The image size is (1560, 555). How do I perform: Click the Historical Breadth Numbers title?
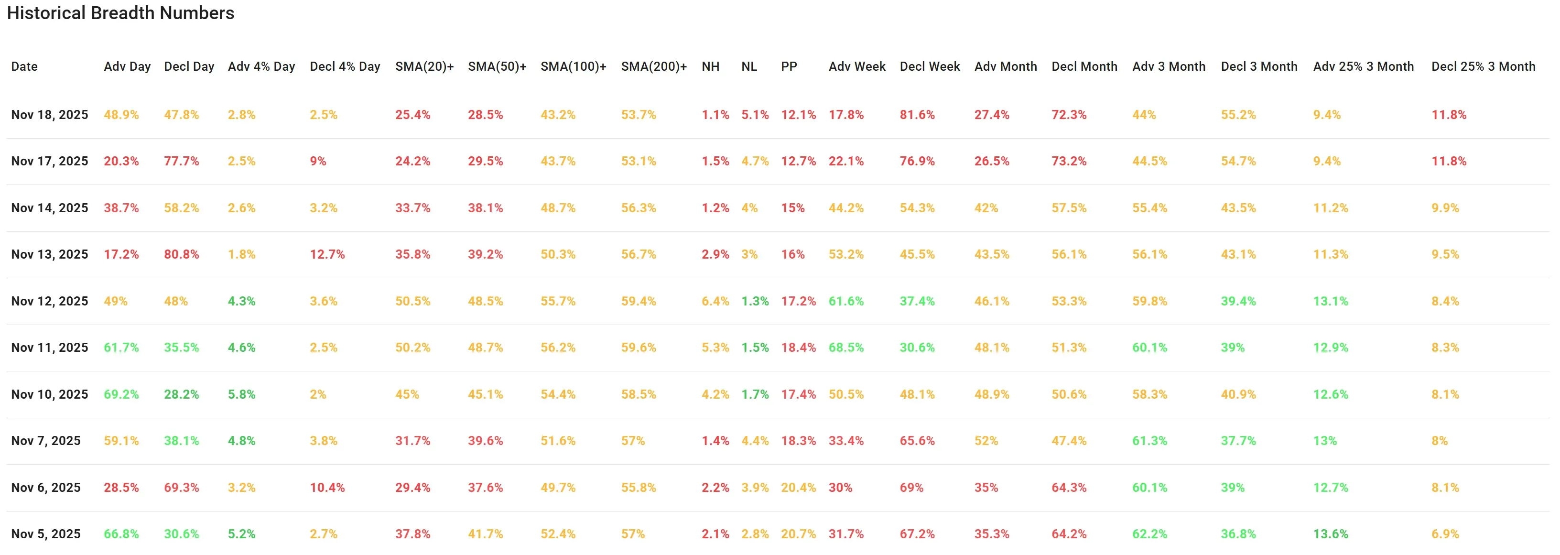point(120,13)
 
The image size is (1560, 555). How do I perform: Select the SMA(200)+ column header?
point(653,66)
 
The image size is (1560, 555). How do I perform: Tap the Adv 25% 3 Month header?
point(1363,66)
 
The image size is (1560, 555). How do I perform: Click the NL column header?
point(748,66)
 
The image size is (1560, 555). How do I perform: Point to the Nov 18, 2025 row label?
point(50,115)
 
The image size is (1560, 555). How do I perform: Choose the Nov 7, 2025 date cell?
point(46,440)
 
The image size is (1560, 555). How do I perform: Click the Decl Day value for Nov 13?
point(181,254)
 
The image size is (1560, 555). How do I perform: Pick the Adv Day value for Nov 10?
point(121,394)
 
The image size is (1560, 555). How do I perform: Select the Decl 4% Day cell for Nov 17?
point(318,161)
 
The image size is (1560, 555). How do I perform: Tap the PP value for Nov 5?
point(798,534)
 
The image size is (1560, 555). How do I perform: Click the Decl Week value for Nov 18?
point(917,115)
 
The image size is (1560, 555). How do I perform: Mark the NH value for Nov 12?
point(715,301)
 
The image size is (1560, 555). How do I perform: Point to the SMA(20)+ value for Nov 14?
point(412,208)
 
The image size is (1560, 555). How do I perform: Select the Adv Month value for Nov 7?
point(986,440)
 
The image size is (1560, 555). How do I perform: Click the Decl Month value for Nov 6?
point(1069,487)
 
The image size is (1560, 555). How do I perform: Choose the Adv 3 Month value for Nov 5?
point(1149,534)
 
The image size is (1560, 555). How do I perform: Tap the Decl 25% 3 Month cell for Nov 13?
point(1445,254)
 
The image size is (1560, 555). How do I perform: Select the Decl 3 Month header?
point(1258,66)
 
